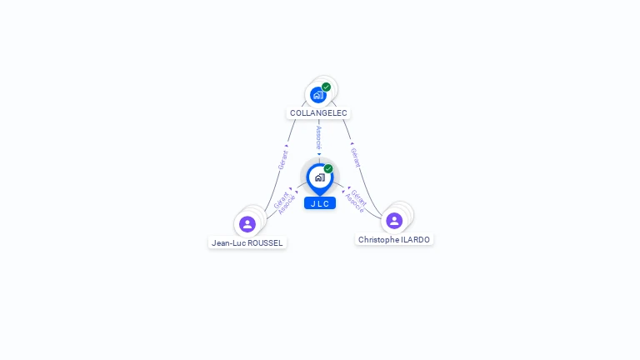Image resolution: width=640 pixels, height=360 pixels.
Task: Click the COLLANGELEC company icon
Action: (317, 95)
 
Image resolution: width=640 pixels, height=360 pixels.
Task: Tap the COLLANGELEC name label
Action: (318, 112)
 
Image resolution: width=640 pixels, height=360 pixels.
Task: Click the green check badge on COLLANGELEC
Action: (326, 87)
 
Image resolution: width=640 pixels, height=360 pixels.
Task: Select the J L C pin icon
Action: (319, 177)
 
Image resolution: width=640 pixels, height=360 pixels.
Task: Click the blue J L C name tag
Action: (319, 203)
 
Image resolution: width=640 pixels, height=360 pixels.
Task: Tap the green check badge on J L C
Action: (328, 168)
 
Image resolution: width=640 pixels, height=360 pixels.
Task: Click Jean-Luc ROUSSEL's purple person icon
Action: (247, 223)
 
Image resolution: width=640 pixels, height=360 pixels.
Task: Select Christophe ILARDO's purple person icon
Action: (394, 220)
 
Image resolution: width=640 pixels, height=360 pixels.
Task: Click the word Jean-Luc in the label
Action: (228, 243)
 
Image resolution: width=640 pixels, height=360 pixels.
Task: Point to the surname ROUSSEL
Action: (265, 243)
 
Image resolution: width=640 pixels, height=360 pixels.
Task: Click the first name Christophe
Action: (377, 239)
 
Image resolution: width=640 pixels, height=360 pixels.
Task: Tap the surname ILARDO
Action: (415, 239)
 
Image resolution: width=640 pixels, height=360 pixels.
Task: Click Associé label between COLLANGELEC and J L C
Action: (318, 137)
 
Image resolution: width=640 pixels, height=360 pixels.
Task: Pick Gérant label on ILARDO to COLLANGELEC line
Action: (355, 157)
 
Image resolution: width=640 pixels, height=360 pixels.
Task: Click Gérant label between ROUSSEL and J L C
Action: (280, 199)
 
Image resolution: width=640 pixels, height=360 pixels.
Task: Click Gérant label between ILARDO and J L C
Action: (359, 197)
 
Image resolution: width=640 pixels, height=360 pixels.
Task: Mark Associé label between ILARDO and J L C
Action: (353, 203)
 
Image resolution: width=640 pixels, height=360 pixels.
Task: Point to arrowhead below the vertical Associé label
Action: (318, 154)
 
